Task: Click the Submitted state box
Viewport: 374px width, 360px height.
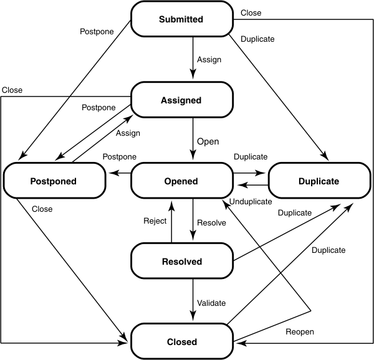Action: click(x=181, y=19)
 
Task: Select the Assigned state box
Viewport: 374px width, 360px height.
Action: click(x=181, y=100)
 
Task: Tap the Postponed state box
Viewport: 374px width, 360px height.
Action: click(x=54, y=181)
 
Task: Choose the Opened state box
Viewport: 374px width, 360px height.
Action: click(x=181, y=181)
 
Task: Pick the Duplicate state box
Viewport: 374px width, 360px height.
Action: click(x=319, y=181)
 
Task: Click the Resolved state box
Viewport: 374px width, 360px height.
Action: click(x=181, y=262)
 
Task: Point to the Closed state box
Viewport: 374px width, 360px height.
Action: click(x=181, y=341)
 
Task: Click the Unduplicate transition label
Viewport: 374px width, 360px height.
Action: click(x=251, y=202)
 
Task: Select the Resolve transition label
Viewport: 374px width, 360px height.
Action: click(x=211, y=222)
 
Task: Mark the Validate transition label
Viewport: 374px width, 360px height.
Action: click(x=211, y=303)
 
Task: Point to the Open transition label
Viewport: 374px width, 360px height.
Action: click(x=208, y=141)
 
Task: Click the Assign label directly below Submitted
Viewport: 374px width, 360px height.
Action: click(x=208, y=60)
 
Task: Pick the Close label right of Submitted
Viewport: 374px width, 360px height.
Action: click(x=251, y=12)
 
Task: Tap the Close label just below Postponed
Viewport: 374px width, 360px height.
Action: click(x=42, y=209)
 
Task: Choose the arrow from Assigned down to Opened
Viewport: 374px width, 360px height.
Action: click(x=193, y=140)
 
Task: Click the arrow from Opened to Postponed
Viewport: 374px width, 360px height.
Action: click(x=120, y=174)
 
